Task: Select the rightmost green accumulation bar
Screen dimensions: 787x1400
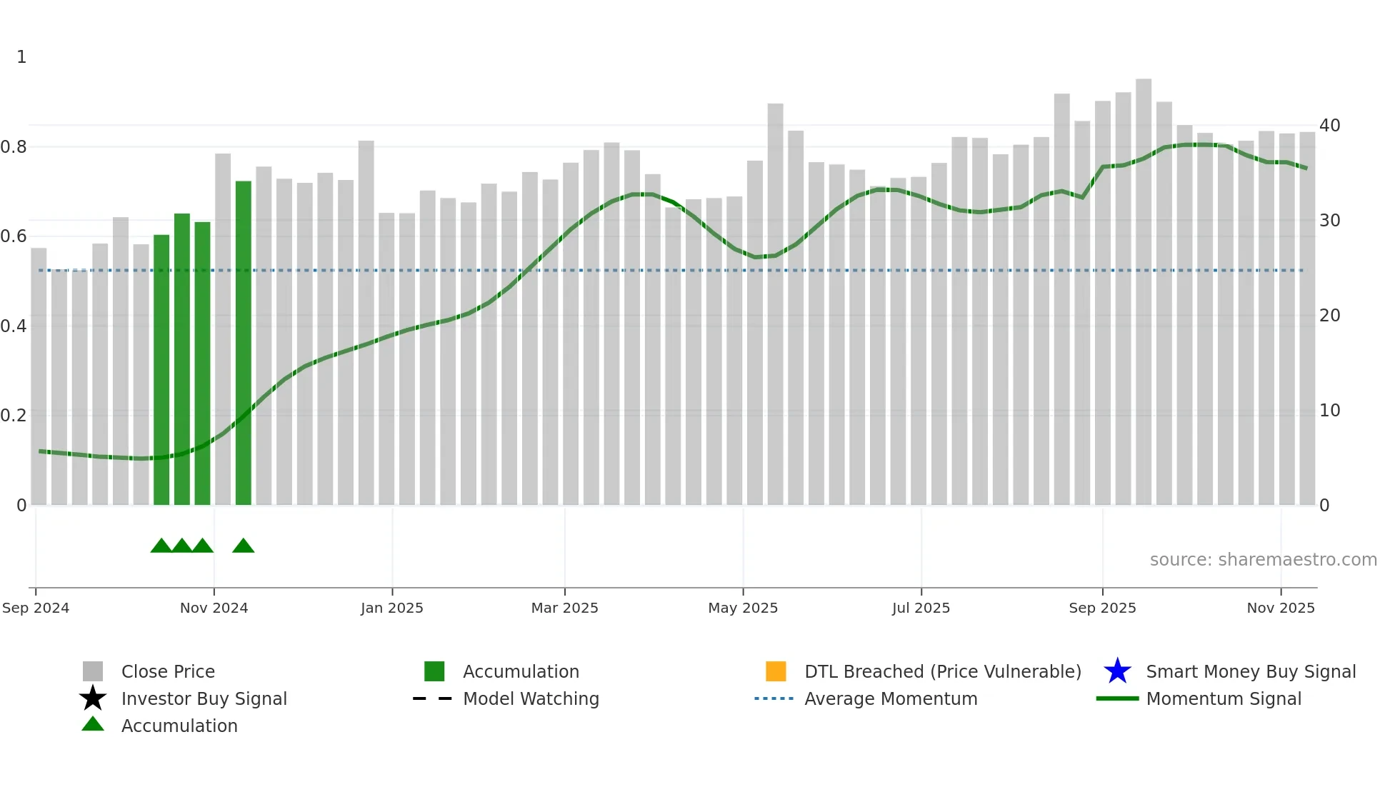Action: click(244, 343)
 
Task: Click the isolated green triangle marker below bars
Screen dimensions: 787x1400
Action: click(244, 546)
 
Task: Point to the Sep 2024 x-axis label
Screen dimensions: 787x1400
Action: click(36, 608)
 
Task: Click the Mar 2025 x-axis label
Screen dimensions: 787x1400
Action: click(564, 608)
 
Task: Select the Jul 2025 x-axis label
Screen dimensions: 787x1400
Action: click(921, 608)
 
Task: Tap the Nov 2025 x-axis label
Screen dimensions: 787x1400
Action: click(1280, 608)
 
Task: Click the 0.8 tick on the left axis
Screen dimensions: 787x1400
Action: click(13, 147)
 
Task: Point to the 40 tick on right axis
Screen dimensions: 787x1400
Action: click(1329, 126)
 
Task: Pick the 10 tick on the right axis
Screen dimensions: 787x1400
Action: click(1329, 411)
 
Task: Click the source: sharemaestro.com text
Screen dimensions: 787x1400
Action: click(1263, 560)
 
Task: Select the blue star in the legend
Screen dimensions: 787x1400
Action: click(1117, 671)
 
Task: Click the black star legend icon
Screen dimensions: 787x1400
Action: click(93, 698)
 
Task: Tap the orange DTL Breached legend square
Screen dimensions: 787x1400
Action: click(776, 671)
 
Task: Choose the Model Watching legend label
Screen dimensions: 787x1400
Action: click(531, 698)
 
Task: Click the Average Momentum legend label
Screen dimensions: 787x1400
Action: click(891, 698)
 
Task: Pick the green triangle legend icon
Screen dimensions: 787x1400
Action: click(93, 725)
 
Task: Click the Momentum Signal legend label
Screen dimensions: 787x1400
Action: click(1224, 698)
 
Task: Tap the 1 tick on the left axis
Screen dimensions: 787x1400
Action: click(21, 57)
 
